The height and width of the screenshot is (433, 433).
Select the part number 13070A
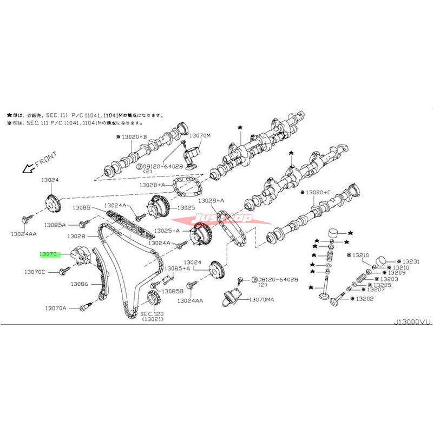[x=56, y=308]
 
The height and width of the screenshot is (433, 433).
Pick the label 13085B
[x=173, y=291]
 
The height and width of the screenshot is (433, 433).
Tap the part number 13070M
[x=200, y=135]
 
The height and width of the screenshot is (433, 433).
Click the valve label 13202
[x=364, y=298]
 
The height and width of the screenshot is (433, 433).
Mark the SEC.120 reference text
[x=152, y=314]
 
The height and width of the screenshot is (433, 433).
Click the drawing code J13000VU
[x=412, y=322]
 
